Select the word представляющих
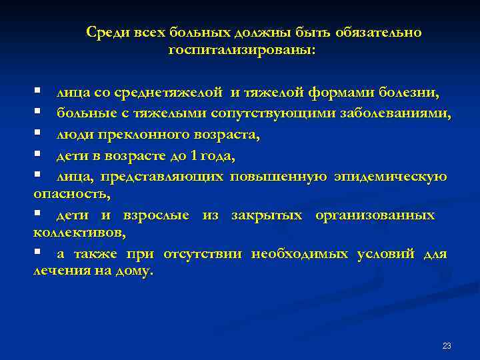tap(163, 177)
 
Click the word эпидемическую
tap(391, 177)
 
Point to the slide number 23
tap(447, 345)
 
